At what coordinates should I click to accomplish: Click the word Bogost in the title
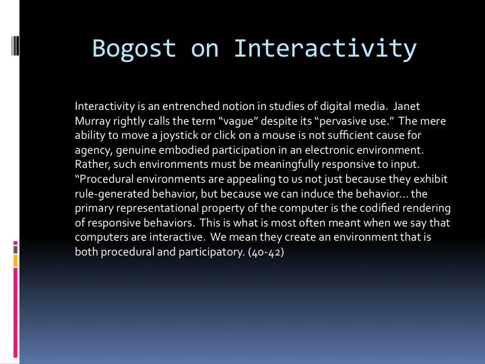click(x=134, y=49)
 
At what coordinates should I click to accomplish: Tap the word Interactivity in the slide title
click(x=325, y=49)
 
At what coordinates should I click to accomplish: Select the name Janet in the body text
click(x=406, y=107)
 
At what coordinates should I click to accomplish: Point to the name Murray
click(x=92, y=121)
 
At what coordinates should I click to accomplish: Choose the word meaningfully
click(x=286, y=164)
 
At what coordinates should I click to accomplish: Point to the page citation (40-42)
click(x=266, y=252)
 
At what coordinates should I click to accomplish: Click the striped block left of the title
click(x=15, y=46)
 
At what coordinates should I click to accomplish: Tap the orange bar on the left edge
click(x=15, y=261)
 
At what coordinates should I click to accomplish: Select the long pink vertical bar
click(x=15, y=313)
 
